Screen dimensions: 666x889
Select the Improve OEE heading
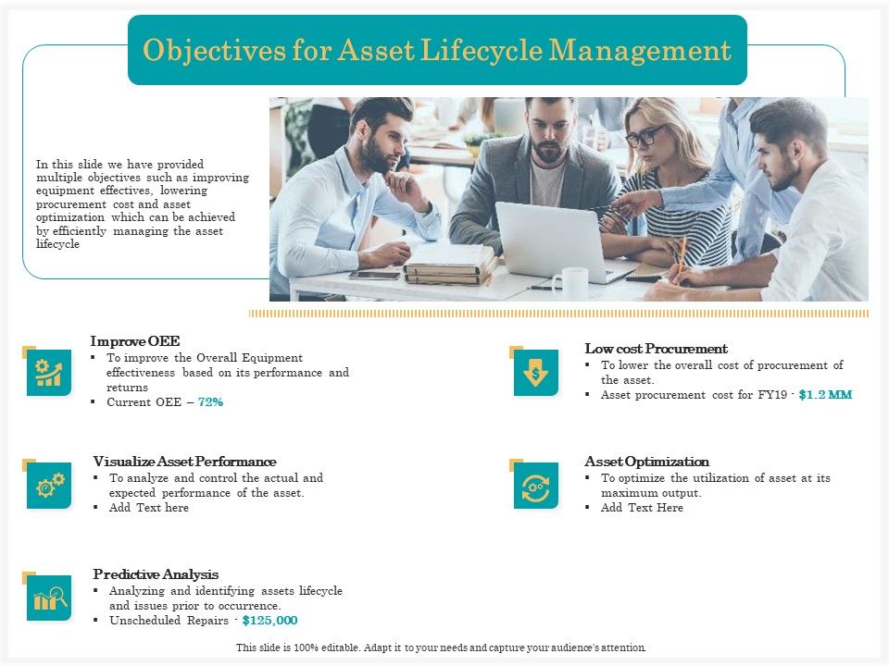135,340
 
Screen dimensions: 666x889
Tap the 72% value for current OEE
210,402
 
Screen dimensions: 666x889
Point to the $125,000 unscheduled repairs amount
269,620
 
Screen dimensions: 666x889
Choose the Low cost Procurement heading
656,348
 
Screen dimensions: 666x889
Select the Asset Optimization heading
646,461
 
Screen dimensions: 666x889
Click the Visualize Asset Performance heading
184,461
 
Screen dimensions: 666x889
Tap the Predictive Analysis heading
156,573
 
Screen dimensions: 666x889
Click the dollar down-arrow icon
536,373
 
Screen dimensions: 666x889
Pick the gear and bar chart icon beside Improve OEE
49,373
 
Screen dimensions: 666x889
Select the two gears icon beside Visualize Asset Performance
49,486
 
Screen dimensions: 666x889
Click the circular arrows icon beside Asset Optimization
536,486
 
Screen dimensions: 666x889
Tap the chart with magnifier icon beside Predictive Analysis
49,598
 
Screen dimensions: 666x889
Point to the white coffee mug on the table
571,282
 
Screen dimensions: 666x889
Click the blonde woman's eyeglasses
644,138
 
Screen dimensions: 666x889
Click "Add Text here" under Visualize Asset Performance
148,507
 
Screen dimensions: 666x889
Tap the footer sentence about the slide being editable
441,647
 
